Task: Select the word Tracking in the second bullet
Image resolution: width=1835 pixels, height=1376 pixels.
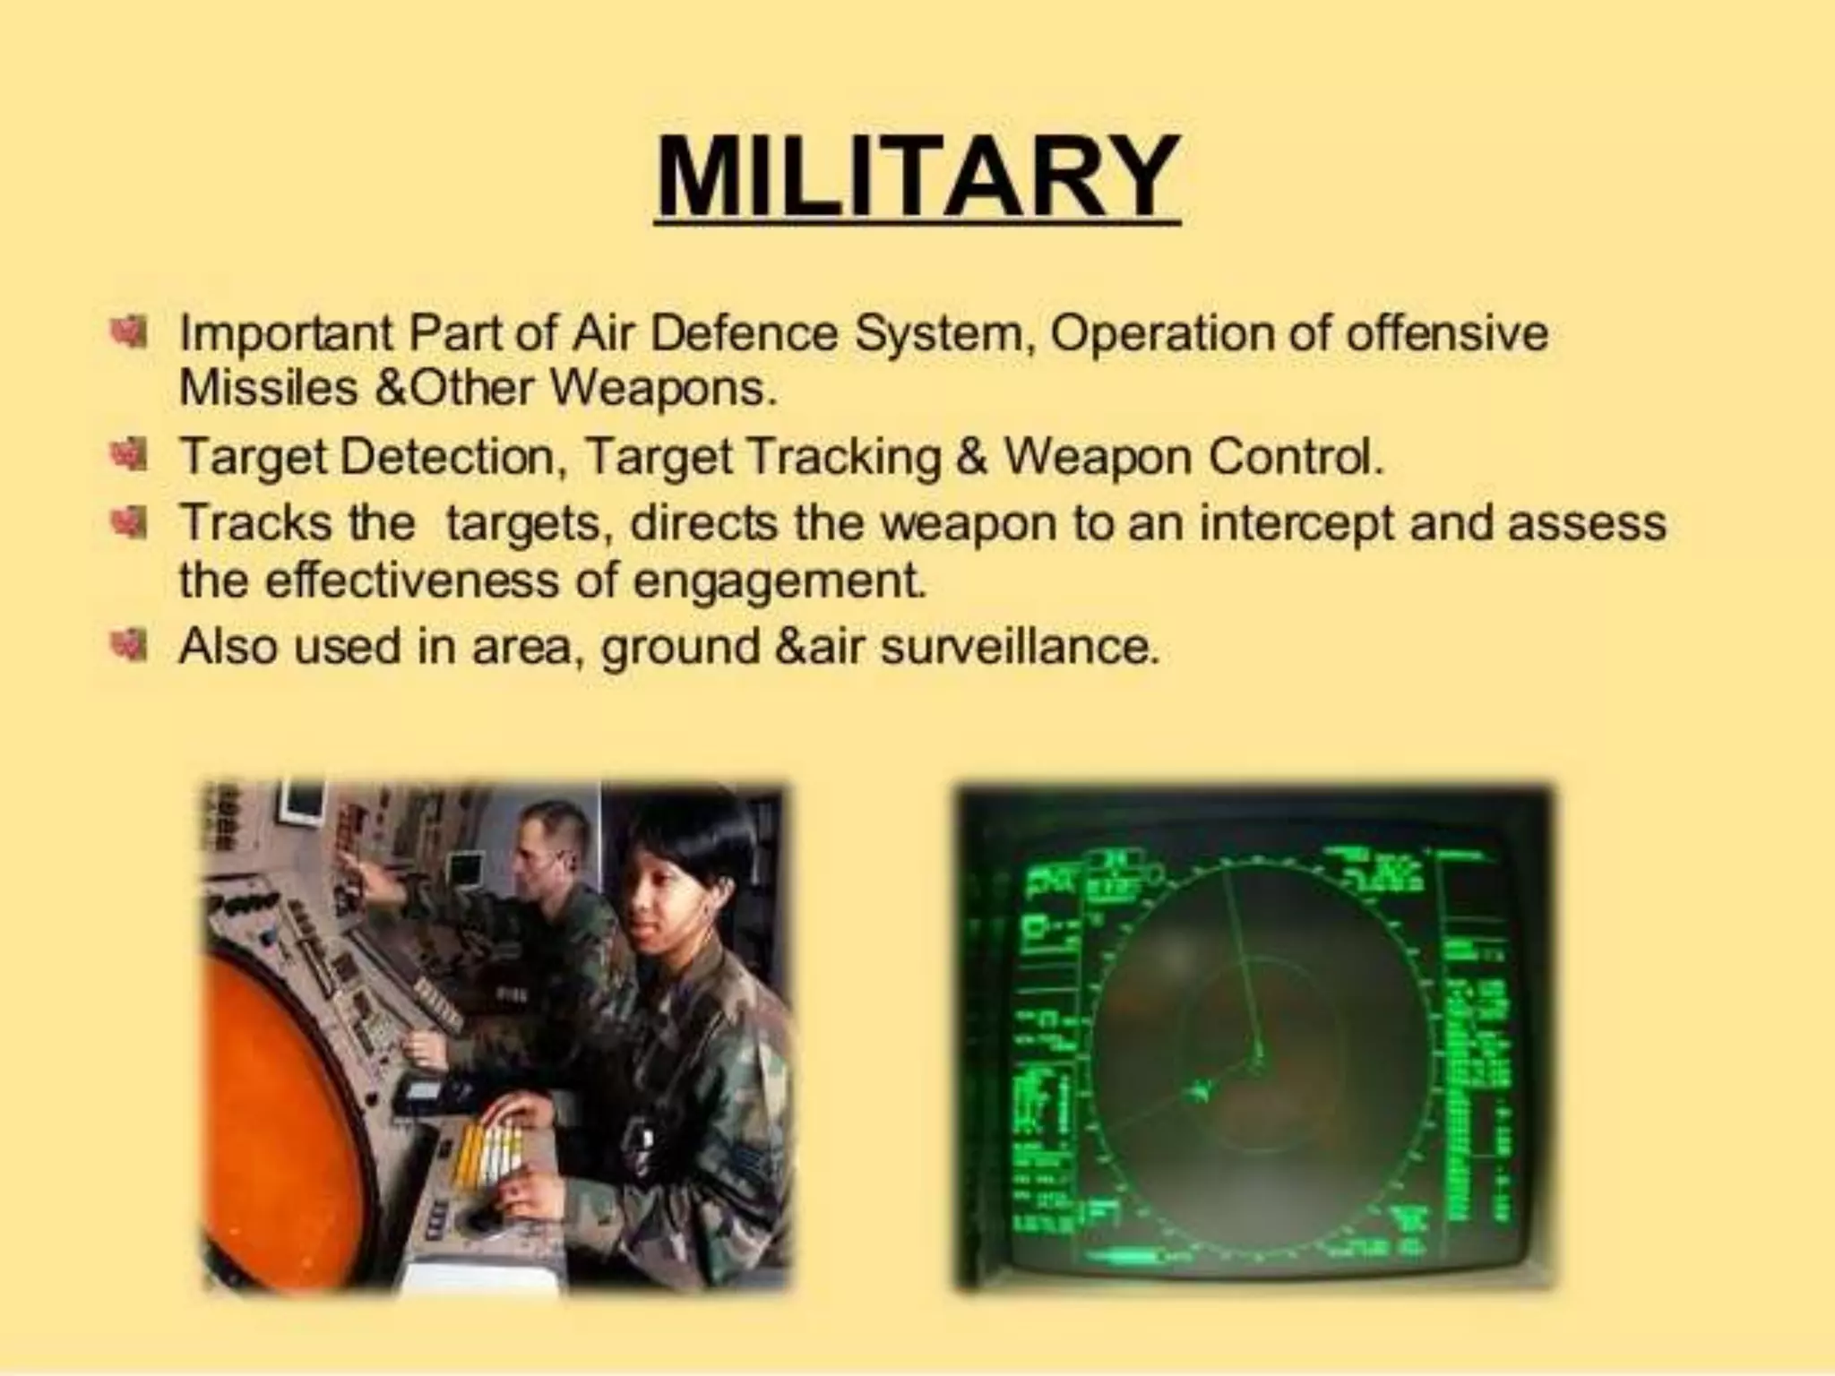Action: (842, 458)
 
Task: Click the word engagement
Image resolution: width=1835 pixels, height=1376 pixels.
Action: (778, 581)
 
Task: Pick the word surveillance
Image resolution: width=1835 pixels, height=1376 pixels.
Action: (1019, 646)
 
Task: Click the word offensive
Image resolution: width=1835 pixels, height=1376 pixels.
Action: (1447, 334)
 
